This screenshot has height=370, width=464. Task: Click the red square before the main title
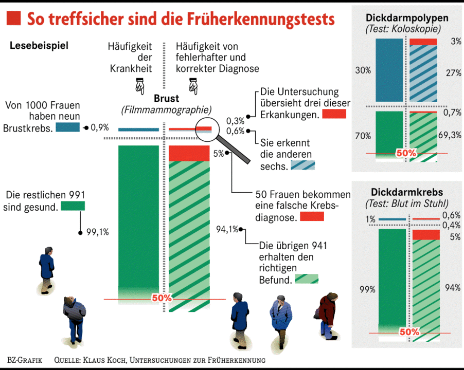(13, 19)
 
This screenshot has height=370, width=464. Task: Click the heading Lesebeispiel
(39, 45)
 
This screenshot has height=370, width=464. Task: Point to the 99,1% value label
(98, 232)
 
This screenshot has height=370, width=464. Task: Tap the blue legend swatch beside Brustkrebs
(67, 127)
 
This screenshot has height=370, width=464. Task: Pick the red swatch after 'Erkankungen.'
(334, 115)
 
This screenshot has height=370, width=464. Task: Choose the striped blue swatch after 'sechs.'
(302, 165)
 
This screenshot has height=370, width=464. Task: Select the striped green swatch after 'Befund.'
(307, 279)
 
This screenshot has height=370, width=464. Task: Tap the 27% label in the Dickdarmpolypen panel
(453, 73)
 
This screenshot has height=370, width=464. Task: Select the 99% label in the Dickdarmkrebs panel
(367, 289)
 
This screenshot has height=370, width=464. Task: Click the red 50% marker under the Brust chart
(162, 298)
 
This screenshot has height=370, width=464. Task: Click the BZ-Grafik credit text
(25, 360)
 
